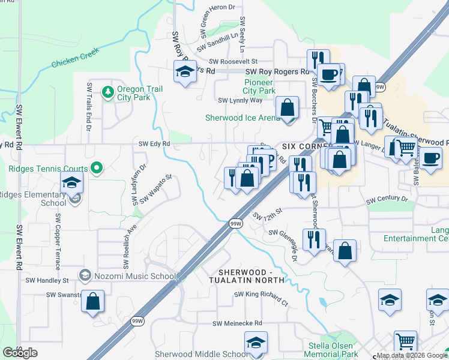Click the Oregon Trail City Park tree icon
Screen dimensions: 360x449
tap(107, 92)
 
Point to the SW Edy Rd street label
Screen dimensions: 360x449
tap(154, 144)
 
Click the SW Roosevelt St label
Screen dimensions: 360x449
tap(234, 61)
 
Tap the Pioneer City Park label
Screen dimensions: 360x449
tap(260, 86)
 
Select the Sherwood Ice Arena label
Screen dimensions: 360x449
tap(243, 118)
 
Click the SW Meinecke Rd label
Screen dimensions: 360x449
tap(238, 323)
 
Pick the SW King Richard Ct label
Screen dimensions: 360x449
tap(262, 295)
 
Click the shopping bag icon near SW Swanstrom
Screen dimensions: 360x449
tap(92, 302)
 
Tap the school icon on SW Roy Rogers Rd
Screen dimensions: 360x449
tap(184, 72)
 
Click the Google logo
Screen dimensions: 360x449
tap(20, 353)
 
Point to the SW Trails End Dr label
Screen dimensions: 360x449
tap(89, 106)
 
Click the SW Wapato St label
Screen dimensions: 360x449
tap(156, 190)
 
